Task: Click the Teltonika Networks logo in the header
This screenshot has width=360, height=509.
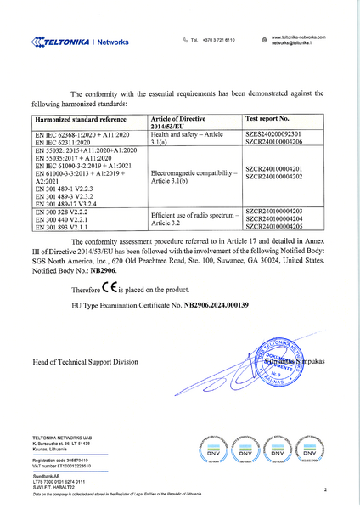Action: tap(79, 41)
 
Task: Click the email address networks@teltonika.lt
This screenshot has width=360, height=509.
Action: tap(293, 43)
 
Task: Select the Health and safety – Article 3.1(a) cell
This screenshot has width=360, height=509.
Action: tap(182, 139)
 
